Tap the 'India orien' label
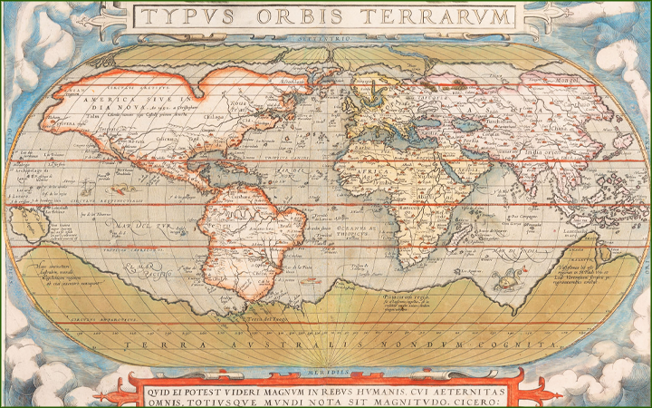[x=544, y=151]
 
